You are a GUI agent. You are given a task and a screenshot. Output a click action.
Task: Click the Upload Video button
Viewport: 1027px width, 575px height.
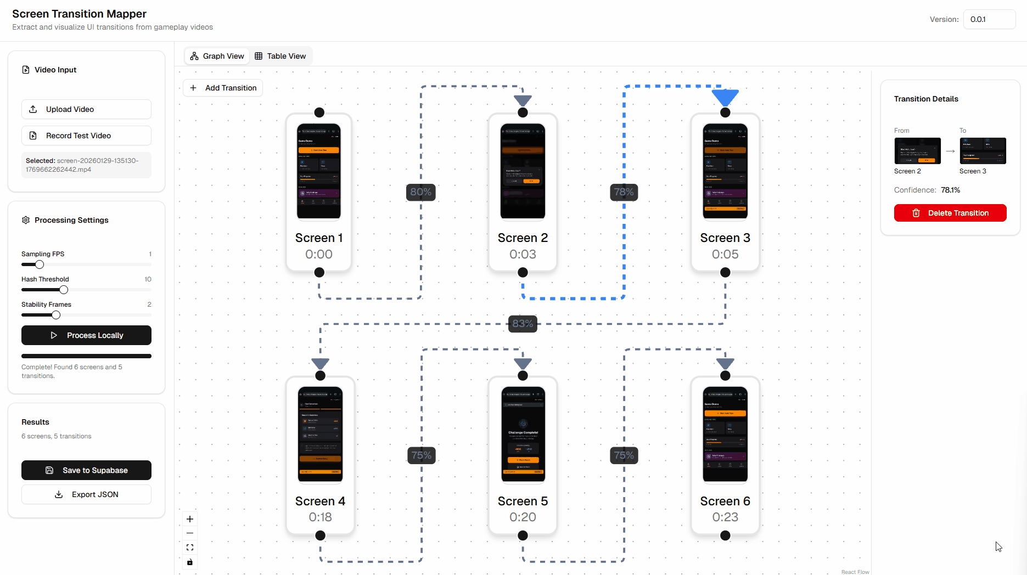tap(86, 109)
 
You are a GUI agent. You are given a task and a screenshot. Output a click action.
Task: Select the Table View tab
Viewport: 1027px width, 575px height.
tap(280, 56)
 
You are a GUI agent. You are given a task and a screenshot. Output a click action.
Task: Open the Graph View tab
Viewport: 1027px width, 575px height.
tap(217, 56)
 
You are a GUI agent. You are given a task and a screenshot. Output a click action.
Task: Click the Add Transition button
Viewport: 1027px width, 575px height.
tap(223, 88)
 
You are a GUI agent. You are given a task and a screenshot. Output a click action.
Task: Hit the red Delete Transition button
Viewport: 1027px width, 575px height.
tap(950, 213)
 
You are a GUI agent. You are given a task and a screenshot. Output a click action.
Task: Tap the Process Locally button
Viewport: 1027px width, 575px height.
tap(86, 335)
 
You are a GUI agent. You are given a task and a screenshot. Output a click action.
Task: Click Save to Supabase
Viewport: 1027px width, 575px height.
tap(86, 470)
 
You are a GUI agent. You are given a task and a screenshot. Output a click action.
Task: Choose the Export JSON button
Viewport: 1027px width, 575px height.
tap(86, 494)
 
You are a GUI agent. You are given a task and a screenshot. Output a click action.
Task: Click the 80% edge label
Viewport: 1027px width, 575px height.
tap(421, 192)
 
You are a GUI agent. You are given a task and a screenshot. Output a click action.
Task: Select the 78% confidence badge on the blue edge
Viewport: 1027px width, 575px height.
tap(624, 192)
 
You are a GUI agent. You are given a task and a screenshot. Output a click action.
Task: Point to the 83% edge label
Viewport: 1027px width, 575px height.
tap(523, 324)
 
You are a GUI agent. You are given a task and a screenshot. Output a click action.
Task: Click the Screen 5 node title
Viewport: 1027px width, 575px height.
tap(523, 501)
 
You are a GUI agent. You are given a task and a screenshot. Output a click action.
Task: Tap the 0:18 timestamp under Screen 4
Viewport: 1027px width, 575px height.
tap(320, 517)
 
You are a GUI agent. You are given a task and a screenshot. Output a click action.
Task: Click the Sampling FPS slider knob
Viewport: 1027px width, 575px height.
tap(40, 264)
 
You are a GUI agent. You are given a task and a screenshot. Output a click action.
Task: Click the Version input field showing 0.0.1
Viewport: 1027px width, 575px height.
tap(989, 19)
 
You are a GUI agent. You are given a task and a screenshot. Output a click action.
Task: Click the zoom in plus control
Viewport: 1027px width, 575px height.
tap(190, 519)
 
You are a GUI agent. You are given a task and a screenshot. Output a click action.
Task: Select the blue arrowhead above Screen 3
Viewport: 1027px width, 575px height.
tap(725, 97)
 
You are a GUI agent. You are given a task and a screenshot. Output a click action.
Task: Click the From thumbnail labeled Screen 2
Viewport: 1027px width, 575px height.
tap(917, 151)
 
